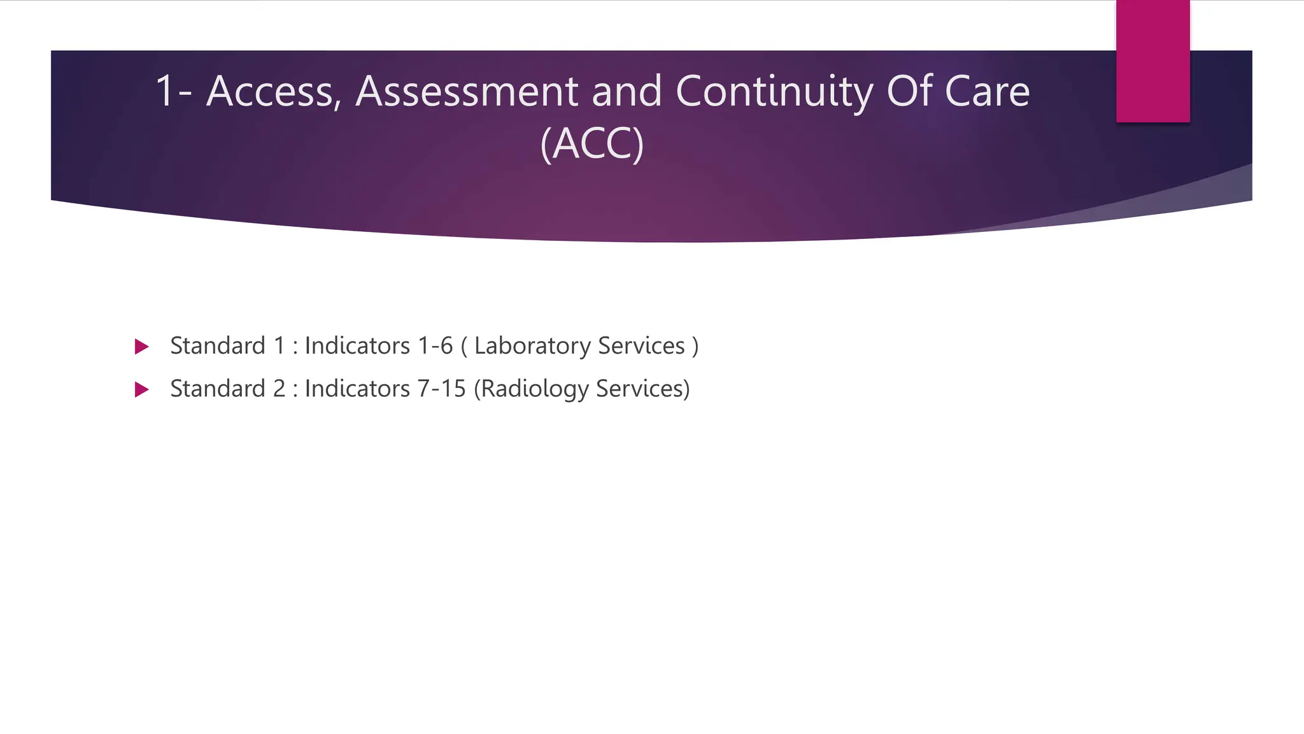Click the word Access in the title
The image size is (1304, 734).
click(x=271, y=92)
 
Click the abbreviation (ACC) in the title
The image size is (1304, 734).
click(x=592, y=144)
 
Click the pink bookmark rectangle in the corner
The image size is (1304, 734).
click(x=1152, y=61)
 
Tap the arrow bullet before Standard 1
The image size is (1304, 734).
click(x=142, y=347)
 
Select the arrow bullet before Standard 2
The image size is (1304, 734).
click(x=142, y=390)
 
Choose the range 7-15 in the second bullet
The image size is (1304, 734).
click(x=441, y=389)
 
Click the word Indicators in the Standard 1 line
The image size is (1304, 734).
click(x=357, y=346)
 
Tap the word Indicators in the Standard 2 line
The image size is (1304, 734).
click(x=357, y=389)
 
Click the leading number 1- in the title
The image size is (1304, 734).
click(x=173, y=92)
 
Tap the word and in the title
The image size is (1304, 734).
click(x=627, y=92)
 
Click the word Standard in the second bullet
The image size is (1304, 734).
click(x=217, y=389)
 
